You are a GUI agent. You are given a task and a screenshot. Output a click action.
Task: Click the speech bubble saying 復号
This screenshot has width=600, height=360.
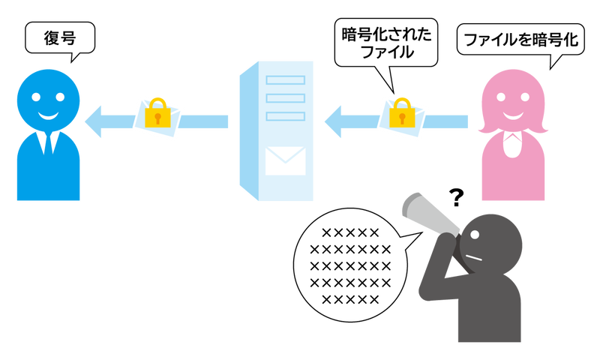coord(61,37)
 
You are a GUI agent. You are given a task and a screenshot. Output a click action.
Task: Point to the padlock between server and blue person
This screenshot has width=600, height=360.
coord(157,115)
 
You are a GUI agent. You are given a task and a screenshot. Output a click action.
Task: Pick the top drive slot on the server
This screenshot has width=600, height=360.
coord(286,80)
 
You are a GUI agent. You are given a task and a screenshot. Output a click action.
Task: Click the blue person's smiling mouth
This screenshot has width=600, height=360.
coord(49,116)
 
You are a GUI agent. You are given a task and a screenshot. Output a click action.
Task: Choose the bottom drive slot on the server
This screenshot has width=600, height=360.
coord(286,115)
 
